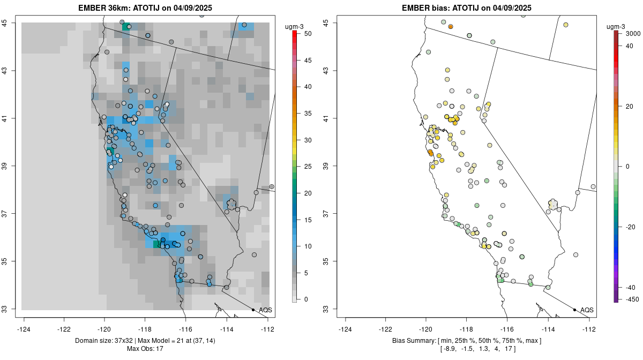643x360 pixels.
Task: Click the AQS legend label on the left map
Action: [x=265, y=310]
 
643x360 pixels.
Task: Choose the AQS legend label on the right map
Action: [x=587, y=310]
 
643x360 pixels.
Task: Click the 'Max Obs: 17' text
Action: [x=145, y=349]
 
